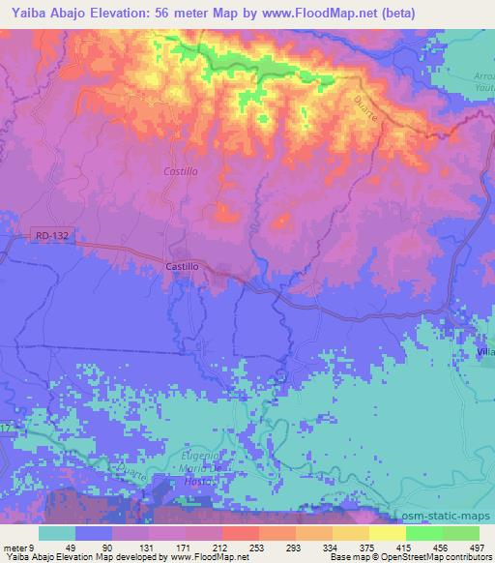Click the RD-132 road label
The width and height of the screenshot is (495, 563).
tap(51, 234)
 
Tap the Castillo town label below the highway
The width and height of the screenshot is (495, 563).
tap(182, 265)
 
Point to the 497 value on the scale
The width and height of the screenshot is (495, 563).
tap(477, 547)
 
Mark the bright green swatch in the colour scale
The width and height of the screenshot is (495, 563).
tap(423, 533)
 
